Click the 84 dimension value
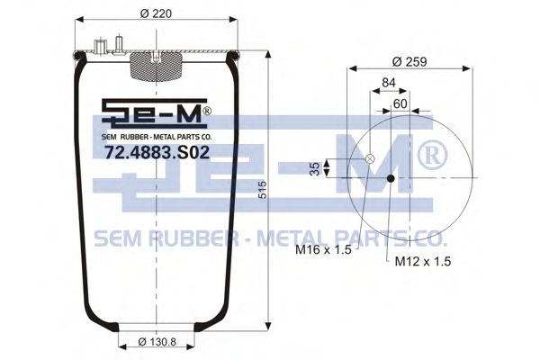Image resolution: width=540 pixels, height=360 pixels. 389,84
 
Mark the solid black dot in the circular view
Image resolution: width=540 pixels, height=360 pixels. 391,178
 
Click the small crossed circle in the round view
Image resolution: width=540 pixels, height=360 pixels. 369,159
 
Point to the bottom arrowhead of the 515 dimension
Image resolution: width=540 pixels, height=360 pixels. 268,326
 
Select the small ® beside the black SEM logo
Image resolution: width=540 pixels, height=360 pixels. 206,111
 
